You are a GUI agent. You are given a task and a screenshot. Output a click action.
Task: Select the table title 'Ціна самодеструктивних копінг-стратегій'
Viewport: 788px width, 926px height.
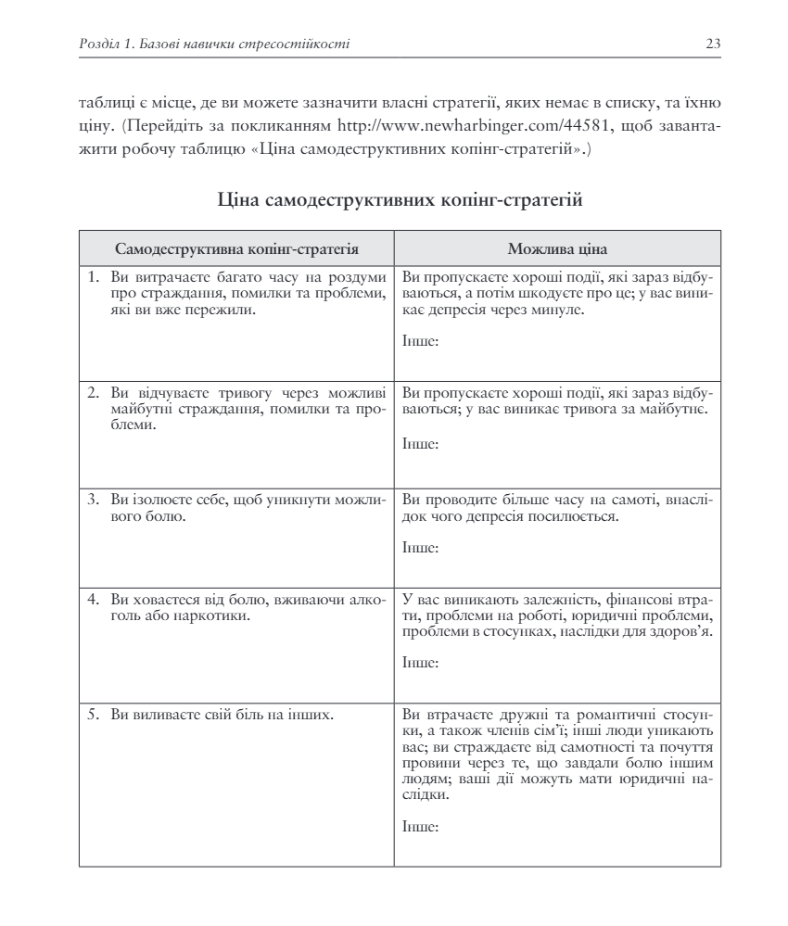point(400,198)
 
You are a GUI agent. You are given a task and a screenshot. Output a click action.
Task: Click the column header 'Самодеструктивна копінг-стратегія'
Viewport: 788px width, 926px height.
point(236,248)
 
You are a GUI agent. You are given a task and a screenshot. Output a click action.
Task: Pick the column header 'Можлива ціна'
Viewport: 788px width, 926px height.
point(557,248)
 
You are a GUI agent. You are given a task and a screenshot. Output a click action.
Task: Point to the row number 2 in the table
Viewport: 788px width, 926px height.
point(93,393)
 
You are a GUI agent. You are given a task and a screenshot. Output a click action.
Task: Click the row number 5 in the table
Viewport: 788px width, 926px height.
point(93,715)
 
